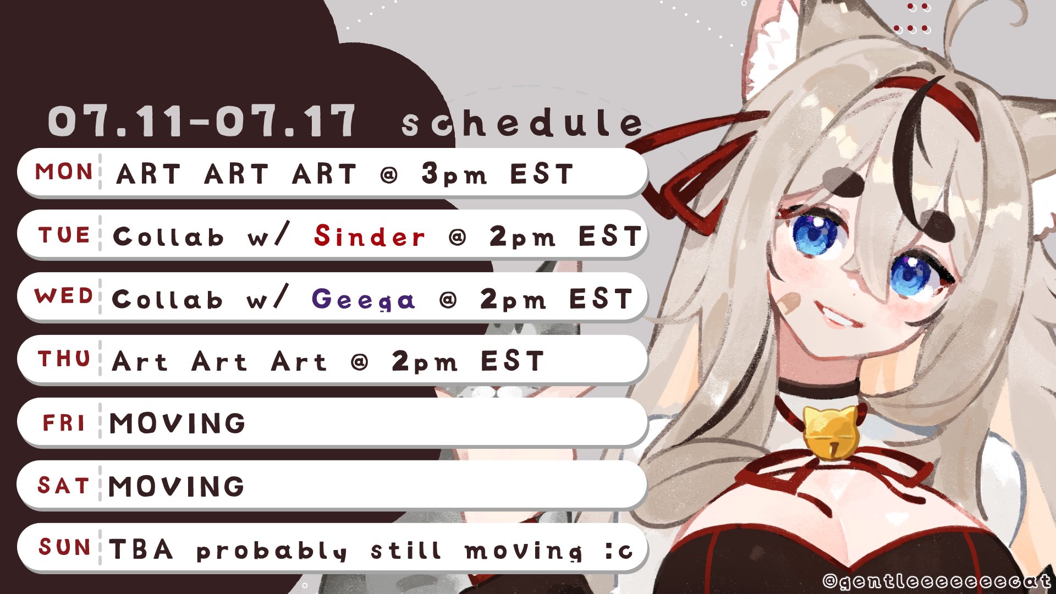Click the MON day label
[64, 172]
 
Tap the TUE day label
[64, 235]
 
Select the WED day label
[64, 296]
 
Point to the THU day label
[64, 359]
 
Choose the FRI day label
[64, 423]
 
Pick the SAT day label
[63, 486]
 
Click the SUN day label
[64, 547]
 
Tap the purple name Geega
[363, 299]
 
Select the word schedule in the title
[522, 123]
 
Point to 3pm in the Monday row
[454, 174]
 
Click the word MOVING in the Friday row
[177, 423]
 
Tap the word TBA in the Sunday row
[141, 549]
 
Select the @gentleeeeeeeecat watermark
[937, 580]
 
